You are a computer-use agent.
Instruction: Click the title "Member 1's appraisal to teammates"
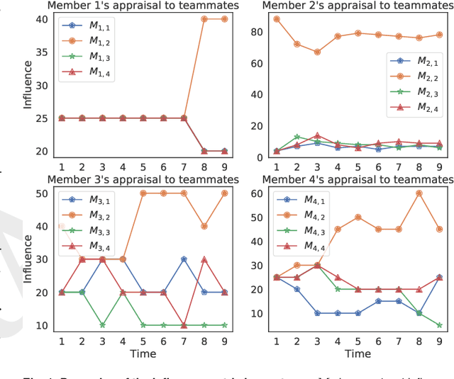tap(143, 6)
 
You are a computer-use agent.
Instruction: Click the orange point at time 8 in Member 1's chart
tap(204, 19)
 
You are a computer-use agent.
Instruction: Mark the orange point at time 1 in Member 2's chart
tap(276, 19)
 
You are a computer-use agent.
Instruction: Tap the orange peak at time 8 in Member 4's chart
tap(419, 193)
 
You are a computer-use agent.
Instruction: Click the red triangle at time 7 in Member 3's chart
tap(184, 324)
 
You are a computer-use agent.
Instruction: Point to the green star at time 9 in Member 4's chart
tap(440, 325)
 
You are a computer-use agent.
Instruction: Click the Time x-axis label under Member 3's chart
tap(143, 353)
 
